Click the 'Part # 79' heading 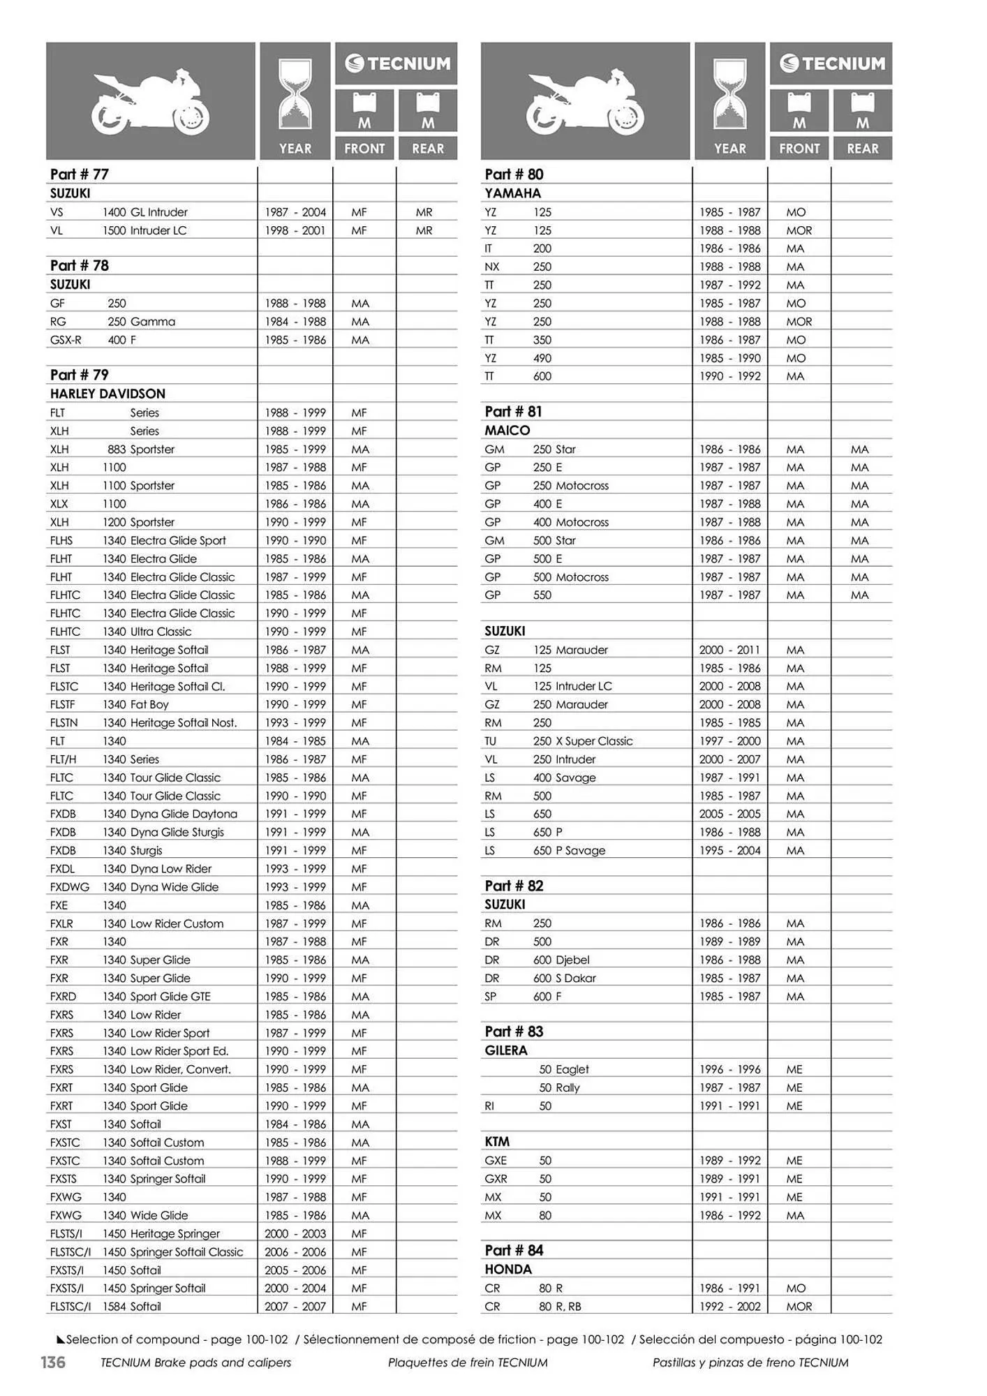(80, 375)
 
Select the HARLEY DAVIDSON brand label (107, 394)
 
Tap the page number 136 (52, 1362)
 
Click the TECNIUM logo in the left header (396, 64)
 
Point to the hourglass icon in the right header (730, 95)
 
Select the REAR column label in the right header (862, 149)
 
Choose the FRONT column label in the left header (364, 149)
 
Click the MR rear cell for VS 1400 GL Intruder (424, 212)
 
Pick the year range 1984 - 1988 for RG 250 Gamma (295, 322)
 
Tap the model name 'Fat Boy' (149, 704)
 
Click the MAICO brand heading (507, 431)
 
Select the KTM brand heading (497, 1142)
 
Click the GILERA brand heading (506, 1050)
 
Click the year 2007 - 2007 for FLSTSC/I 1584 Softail (295, 1307)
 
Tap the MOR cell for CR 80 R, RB (799, 1307)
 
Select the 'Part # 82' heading (514, 886)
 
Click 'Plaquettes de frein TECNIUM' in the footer (468, 1362)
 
